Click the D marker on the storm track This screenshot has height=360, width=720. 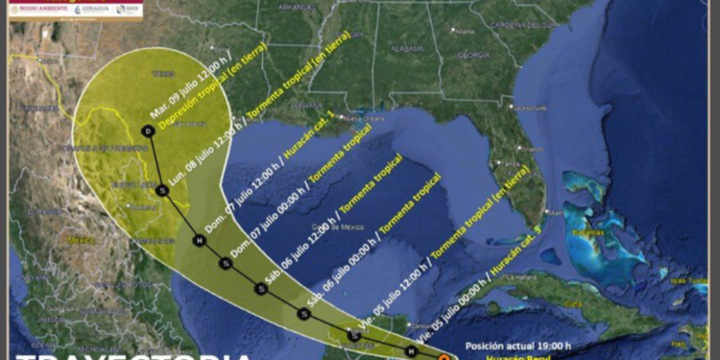click(x=147, y=130)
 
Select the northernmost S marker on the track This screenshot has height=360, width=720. click(x=162, y=190)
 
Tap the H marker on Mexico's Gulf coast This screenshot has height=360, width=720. click(x=199, y=240)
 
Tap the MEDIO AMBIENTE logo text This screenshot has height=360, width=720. click(x=42, y=9)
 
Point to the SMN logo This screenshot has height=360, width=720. click(x=129, y=9)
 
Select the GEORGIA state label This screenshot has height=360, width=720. click(x=473, y=55)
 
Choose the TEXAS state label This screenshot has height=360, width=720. click(x=163, y=72)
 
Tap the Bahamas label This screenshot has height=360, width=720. click(x=589, y=232)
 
